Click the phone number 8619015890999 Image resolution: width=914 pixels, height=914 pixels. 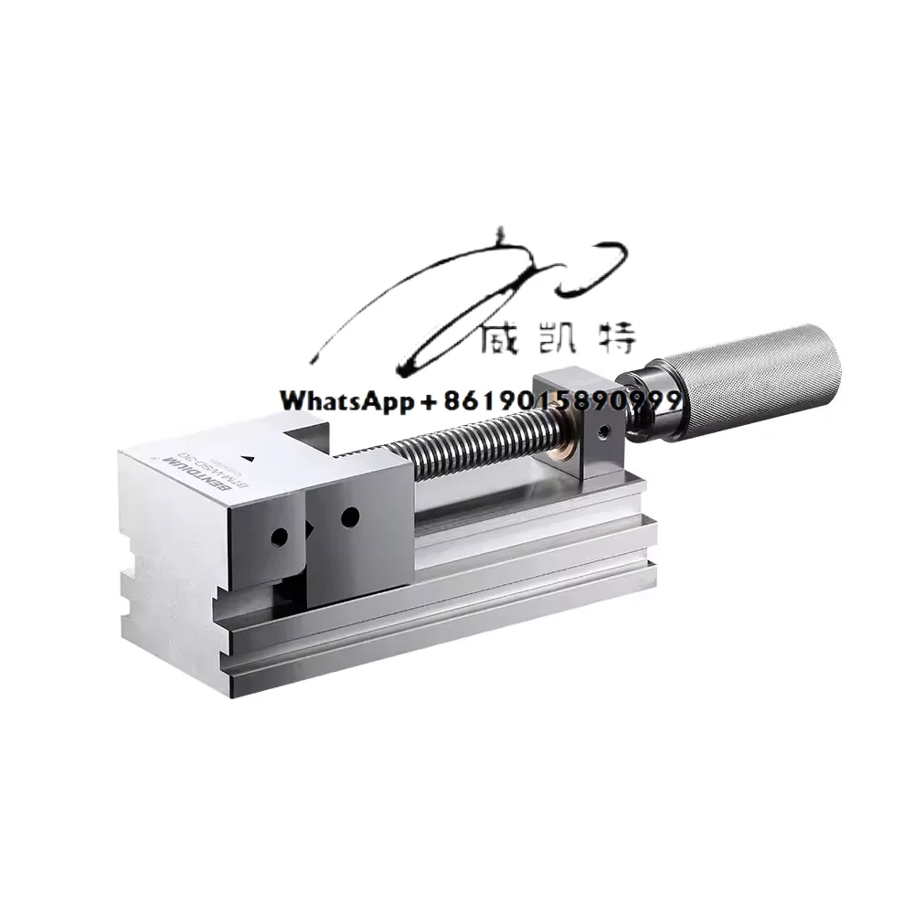[563, 400]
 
